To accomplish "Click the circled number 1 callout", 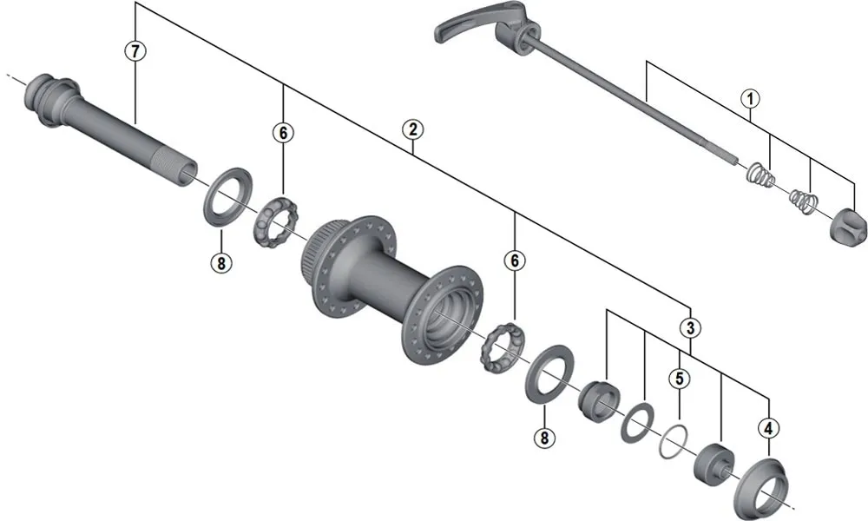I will pyautogui.click(x=749, y=98).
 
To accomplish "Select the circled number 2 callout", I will pyautogui.click(x=412, y=129).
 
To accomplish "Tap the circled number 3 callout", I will pyautogui.click(x=690, y=328).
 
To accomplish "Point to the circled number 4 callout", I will pyautogui.click(x=767, y=426).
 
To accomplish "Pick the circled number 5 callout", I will pyautogui.click(x=679, y=378).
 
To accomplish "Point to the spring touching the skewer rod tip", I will pyautogui.click(x=759, y=175).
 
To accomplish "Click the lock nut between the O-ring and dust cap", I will pyautogui.click(x=715, y=459).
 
